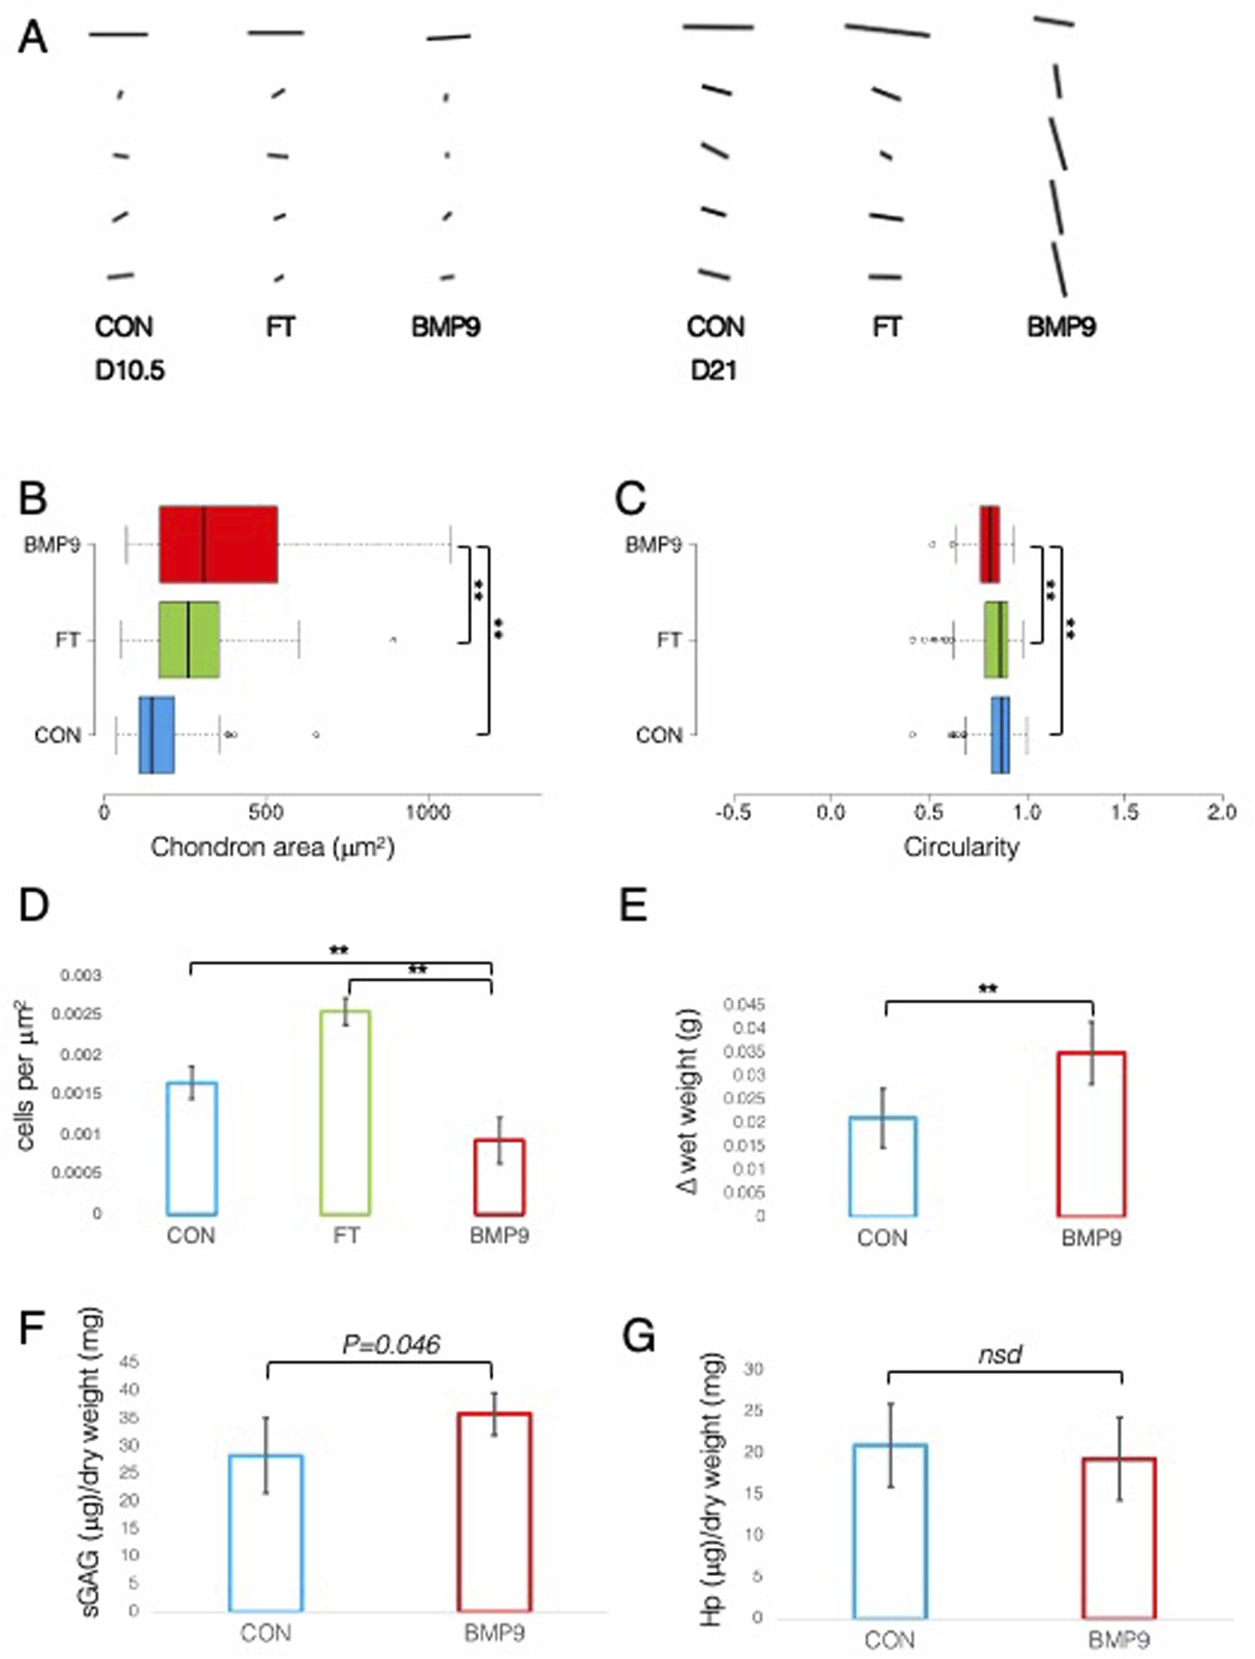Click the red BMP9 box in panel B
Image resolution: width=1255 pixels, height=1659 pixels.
[218, 544]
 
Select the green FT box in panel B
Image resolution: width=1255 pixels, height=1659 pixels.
[189, 640]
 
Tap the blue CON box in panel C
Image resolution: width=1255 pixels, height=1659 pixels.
[999, 734]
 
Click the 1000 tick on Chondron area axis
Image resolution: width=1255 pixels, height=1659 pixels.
[427, 813]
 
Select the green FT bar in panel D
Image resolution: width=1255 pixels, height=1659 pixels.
[346, 1112]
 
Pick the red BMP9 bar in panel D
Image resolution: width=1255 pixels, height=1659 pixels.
[499, 1177]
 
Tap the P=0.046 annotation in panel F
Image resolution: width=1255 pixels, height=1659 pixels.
[390, 1345]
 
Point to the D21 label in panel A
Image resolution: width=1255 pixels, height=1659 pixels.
[713, 371]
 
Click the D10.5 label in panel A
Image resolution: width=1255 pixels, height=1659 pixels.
[129, 371]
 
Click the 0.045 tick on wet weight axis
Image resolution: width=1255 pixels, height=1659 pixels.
[744, 1005]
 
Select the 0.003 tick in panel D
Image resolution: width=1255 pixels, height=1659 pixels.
[80, 975]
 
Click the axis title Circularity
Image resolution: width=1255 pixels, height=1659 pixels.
[961, 848]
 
